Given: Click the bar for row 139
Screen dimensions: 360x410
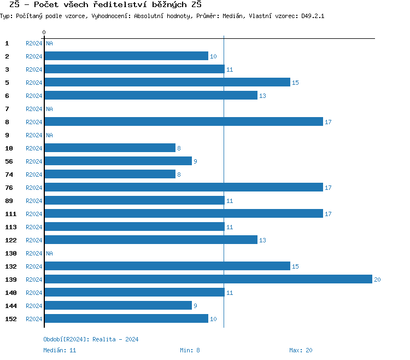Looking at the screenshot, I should (x=208, y=280).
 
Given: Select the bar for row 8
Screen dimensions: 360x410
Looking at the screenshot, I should (x=184, y=122).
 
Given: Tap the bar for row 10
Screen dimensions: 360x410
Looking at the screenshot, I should (x=110, y=148).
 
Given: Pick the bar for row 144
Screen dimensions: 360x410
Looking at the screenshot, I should (x=118, y=306).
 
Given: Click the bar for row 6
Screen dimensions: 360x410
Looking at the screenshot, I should (x=151, y=96).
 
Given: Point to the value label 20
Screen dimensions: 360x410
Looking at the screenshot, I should (x=377, y=280).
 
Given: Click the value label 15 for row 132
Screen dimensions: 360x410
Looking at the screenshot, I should (x=295, y=267).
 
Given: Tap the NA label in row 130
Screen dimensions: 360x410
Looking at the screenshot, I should (x=49, y=254).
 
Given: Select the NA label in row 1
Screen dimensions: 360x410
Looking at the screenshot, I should (x=49, y=44).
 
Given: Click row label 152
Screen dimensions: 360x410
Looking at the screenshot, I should (x=11, y=319).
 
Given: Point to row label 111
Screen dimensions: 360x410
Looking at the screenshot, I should (x=11, y=214).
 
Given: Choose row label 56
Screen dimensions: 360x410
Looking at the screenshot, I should (x=9, y=161).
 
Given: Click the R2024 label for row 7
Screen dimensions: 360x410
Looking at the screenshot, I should (x=34, y=109).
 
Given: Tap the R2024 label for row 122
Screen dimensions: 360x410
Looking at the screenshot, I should (x=34, y=241).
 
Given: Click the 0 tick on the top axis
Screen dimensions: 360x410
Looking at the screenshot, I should (x=44, y=33).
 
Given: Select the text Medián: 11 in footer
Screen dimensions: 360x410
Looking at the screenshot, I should (x=60, y=350).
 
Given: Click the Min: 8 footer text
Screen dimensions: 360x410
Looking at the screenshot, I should (x=190, y=350).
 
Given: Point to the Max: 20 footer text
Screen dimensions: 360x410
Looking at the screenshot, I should (x=301, y=350).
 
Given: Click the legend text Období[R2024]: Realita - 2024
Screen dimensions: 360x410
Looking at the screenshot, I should (x=91, y=340).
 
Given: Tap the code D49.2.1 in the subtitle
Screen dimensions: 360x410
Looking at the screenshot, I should (x=313, y=16).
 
